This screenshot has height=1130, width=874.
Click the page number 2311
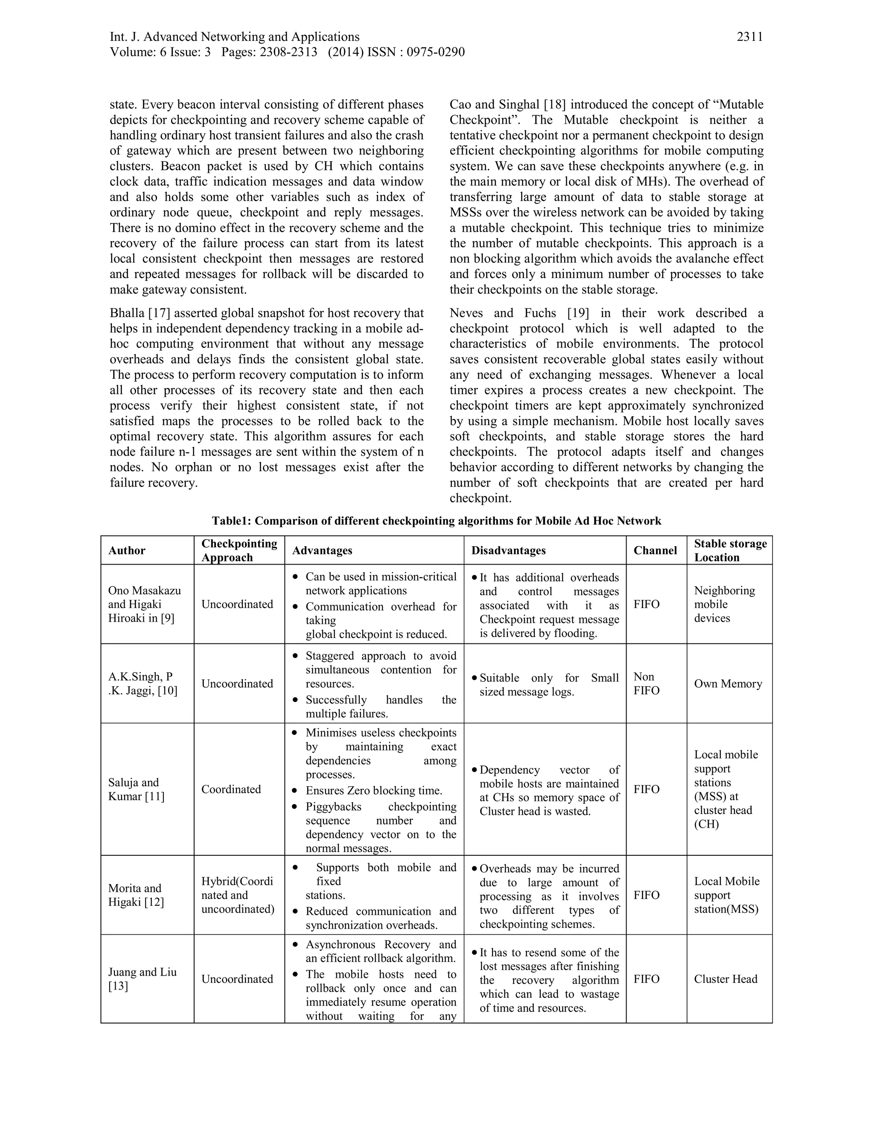[749, 37]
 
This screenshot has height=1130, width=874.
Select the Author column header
[127, 551]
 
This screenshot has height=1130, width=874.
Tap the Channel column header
[655, 551]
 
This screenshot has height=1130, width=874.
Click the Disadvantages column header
[508, 551]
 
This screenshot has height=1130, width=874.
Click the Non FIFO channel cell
[646, 684]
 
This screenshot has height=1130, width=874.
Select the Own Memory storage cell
[728, 684]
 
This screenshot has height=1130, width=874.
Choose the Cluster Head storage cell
[725, 979]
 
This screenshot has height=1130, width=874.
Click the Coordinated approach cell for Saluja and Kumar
[231, 789]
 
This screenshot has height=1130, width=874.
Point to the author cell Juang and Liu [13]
[143, 979]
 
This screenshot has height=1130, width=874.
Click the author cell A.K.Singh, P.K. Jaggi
[143, 684]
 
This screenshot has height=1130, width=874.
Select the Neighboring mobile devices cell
[724, 604]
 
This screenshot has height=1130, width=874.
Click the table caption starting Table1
[437, 521]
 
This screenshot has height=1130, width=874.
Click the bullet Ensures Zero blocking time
[373, 791]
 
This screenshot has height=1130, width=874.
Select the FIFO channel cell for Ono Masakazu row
[646, 604]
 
